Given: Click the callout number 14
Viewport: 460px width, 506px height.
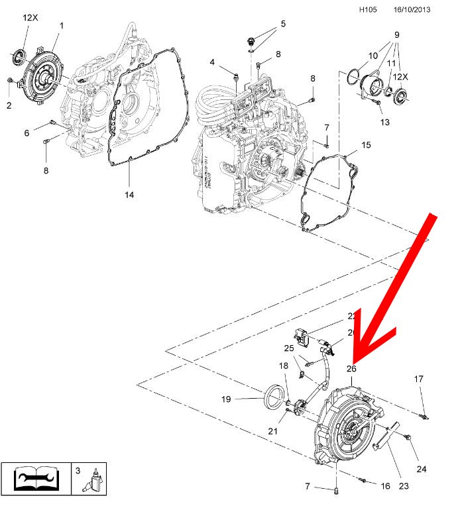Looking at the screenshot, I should (129, 194).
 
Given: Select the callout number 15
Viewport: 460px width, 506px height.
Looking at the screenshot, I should (366, 144).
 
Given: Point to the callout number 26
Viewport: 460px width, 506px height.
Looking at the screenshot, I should (351, 368).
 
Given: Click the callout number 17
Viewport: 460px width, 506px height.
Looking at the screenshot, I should (418, 379).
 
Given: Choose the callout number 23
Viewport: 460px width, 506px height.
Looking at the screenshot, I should (404, 485).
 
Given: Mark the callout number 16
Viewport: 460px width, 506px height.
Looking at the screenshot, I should (385, 485).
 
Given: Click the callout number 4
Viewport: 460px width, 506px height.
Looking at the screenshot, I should (213, 62).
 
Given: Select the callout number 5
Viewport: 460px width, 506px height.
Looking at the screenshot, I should (283, 24).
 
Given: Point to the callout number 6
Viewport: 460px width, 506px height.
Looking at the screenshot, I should (27, 133).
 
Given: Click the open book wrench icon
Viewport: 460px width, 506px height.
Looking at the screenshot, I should (33, 478).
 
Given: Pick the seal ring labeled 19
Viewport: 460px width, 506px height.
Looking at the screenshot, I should (272, 401).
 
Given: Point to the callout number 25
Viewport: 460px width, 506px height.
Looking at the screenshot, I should (289, 348).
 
